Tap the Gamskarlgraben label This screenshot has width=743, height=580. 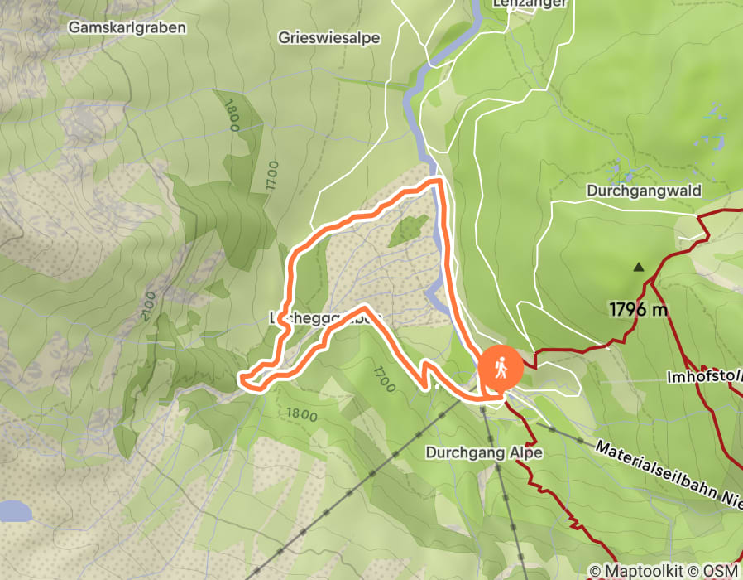tap(127, 27)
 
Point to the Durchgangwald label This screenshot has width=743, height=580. tap(644, 191)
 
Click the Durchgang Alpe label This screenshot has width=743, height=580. tap(483, 452)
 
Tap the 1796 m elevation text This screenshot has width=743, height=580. tap(639, 310)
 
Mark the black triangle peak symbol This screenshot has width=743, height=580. tap(638, 268)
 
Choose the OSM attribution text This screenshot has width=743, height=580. tap(721, 571)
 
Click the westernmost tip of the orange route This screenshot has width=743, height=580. tap(241, 379)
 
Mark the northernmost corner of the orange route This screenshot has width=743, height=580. tap(436, 180)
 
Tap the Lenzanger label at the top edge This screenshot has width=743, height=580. tap(530, 4)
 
